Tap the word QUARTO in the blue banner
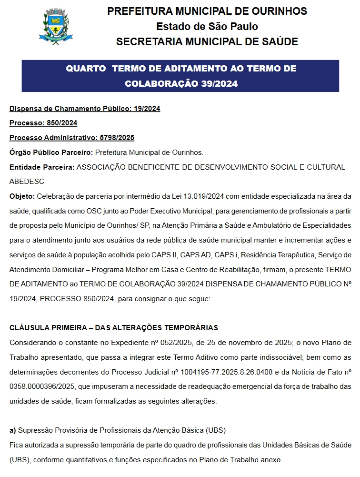coord(86,69)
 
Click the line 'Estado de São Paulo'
coord(207,26)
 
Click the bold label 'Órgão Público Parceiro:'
coord(51,152)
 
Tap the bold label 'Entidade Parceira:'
coord(42,167)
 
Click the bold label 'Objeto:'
coord(22,196)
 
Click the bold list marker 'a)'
coord(13,430)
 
